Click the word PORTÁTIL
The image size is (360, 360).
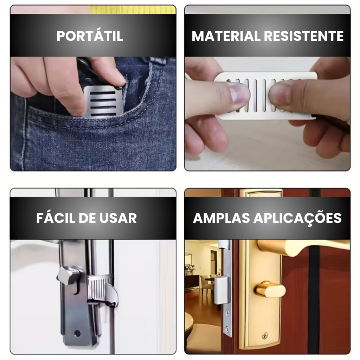click(90, 36)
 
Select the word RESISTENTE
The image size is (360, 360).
click(303, 36)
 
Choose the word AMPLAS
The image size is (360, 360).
click(221, 218)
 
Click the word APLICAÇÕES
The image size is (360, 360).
click(297, 218)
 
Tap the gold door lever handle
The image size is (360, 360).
click(303, 247)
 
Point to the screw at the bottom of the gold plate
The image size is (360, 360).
click(265, 335)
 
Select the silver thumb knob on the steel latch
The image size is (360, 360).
click(68, 276)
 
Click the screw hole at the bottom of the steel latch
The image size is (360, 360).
click(77, 333)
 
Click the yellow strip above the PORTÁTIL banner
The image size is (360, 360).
click(133, 9)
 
